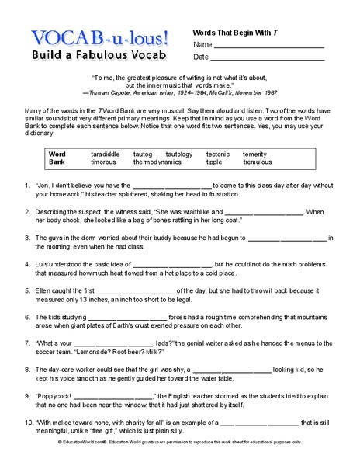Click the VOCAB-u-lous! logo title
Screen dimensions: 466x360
(x=100, y=37)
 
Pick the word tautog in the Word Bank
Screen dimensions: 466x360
(x=144, y=155)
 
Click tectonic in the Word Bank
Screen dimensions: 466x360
(x=219, y=155)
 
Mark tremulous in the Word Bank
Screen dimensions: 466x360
(x=257, y=163)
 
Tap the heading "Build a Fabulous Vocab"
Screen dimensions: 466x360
(x=97, y=56)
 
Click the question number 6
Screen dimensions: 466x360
(x=27, y=317)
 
